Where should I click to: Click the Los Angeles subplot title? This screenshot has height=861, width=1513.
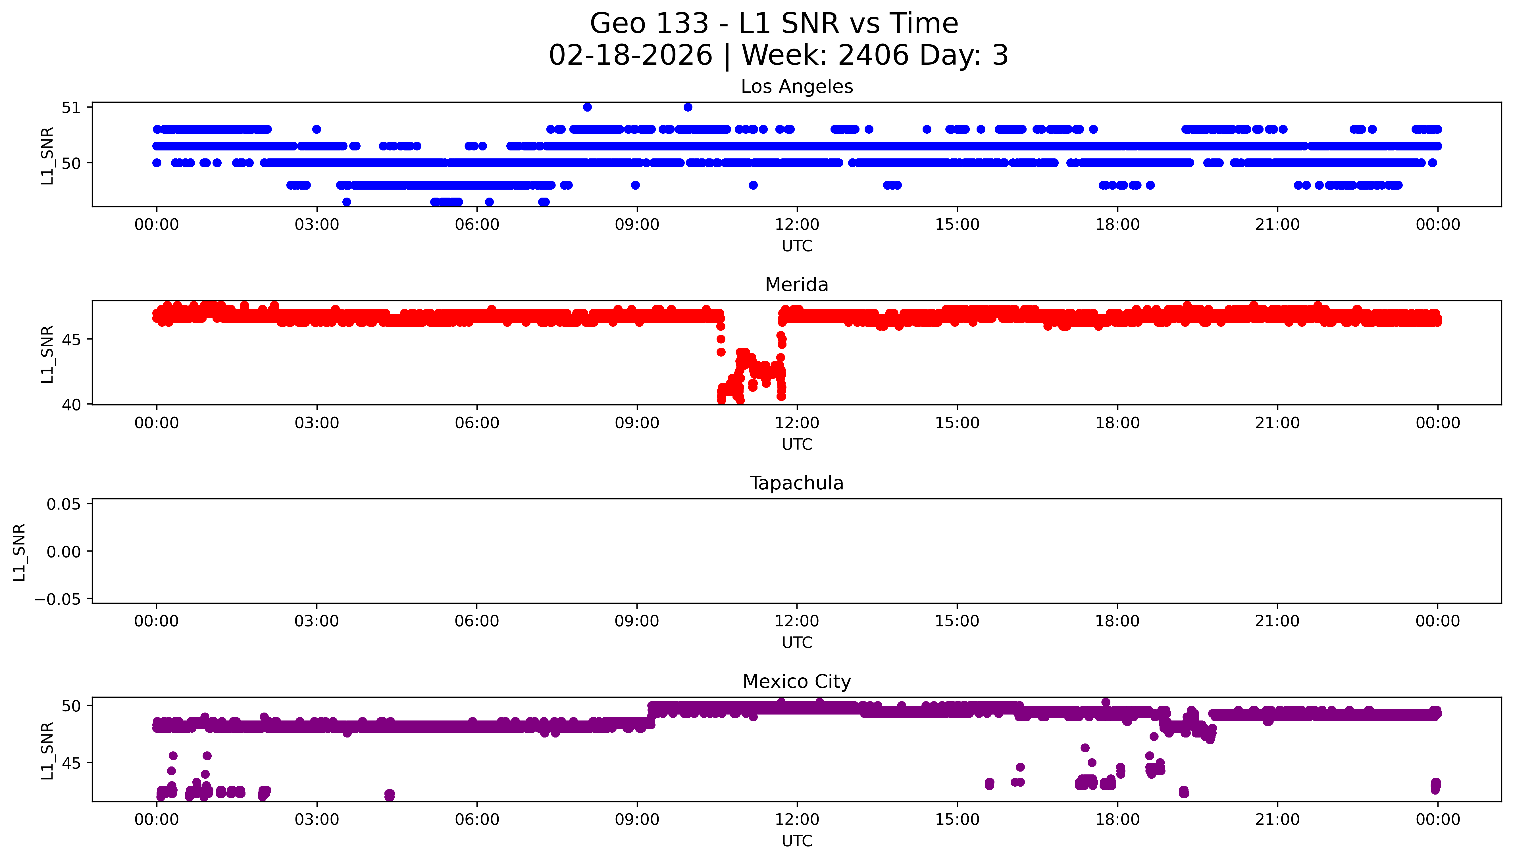click(796, 87)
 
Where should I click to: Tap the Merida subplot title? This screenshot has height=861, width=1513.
click(796, 285)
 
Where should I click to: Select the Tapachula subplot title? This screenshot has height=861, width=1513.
click(796, 483)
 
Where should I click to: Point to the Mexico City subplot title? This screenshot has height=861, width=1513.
click(796, 682)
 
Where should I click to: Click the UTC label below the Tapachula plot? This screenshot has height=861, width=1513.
click(796, 643)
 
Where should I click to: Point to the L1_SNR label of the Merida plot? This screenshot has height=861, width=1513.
click(47, 354)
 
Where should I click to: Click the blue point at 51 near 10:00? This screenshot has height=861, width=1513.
click(688, 107)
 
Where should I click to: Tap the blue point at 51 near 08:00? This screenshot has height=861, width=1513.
click(587, 107)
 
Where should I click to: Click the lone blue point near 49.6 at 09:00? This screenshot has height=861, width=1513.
click(635, 185)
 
